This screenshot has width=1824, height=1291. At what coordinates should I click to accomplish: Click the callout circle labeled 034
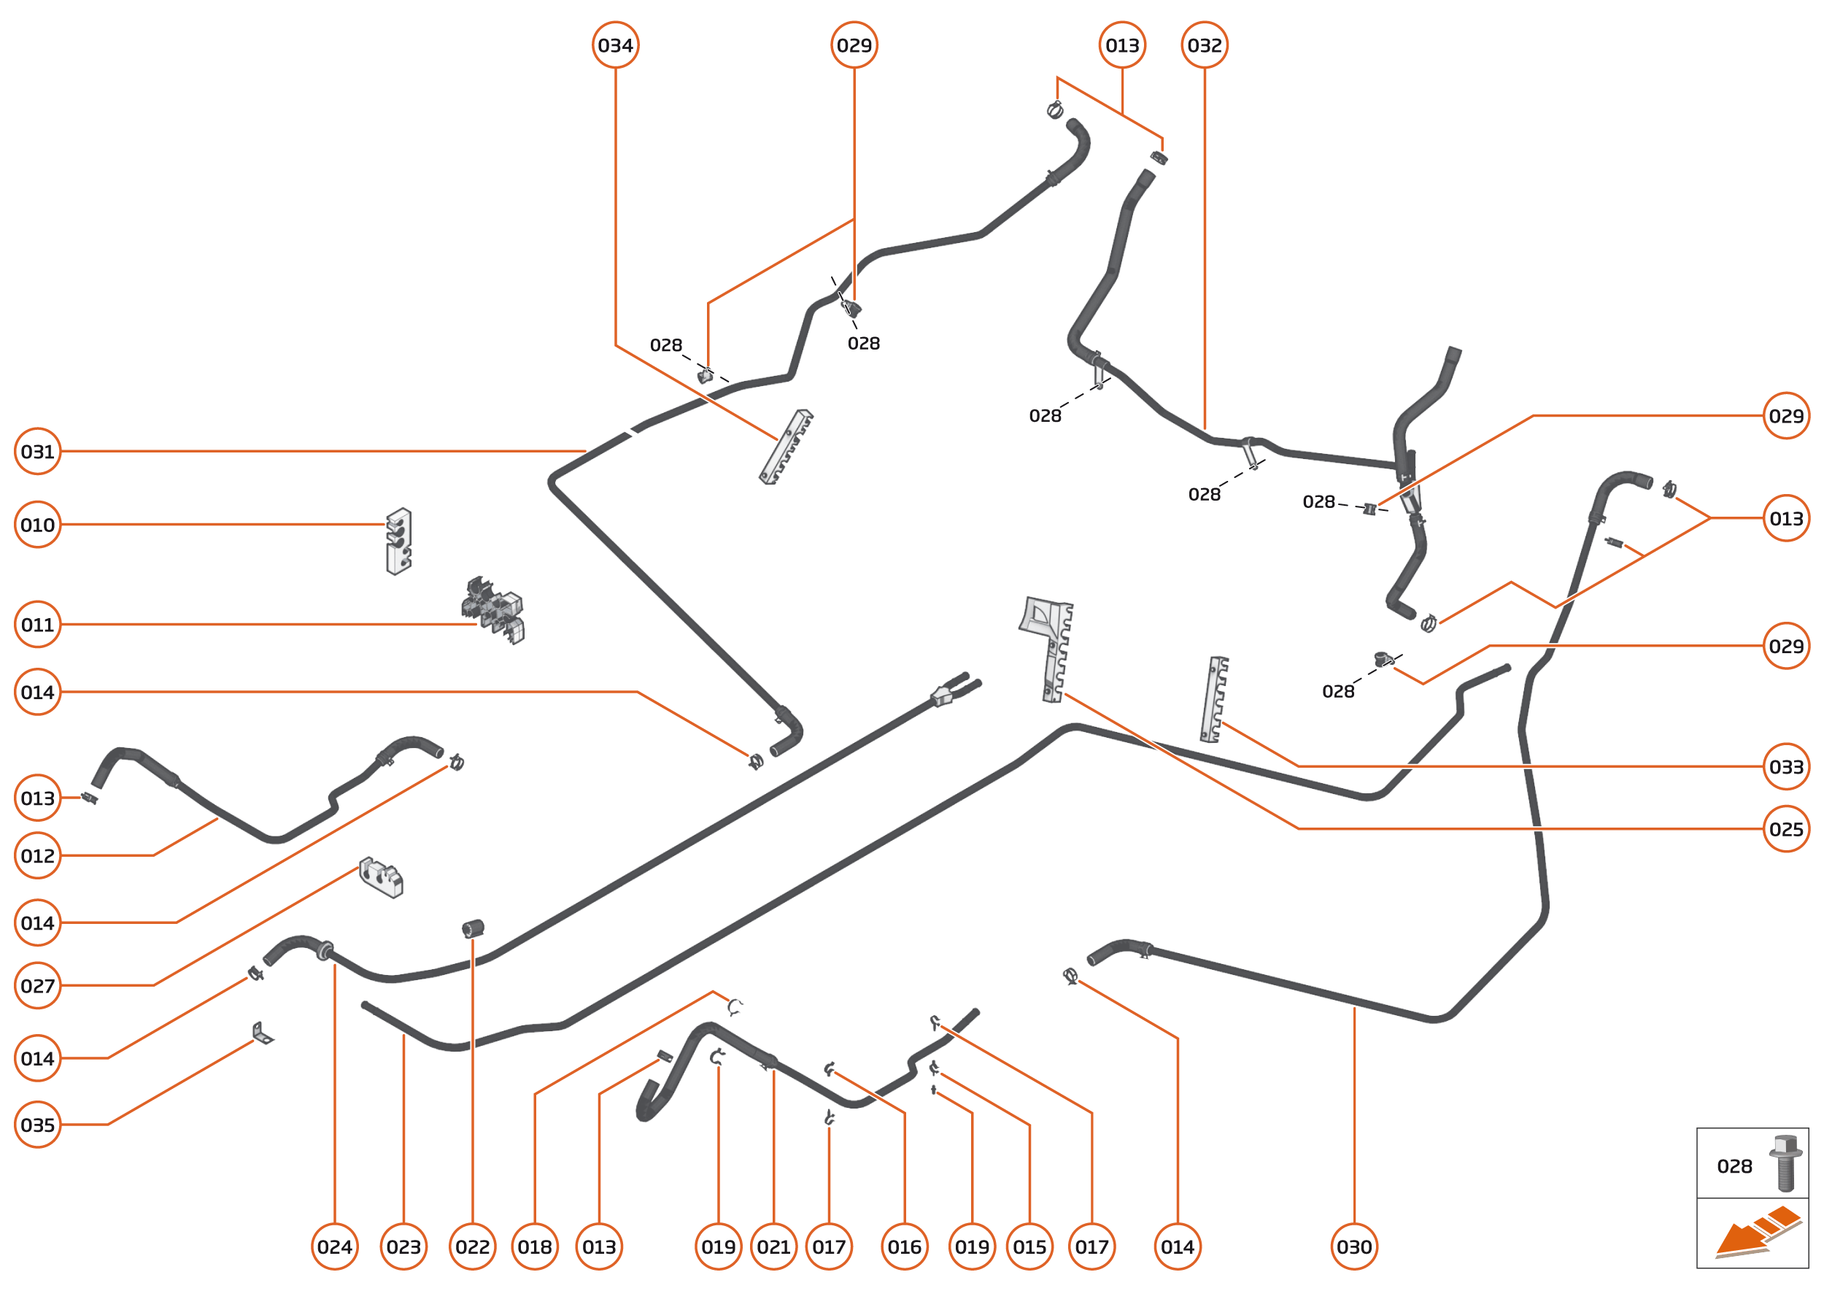(x=615, y=45)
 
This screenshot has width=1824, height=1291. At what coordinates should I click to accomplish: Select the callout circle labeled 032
(x=1204, y=45)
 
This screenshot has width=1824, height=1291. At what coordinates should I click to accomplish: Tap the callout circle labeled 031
(x=37, y=452)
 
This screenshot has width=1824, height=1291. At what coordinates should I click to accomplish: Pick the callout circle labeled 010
(x=37, y=525)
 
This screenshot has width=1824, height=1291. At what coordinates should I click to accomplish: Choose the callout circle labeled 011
(x=37, y=625)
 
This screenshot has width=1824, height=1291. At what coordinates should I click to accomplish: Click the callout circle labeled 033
(x=1786, y=767)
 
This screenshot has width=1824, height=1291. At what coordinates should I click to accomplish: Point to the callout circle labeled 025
(x=1786, y=829)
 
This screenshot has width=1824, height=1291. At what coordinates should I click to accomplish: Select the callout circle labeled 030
(x=1354, y=1247)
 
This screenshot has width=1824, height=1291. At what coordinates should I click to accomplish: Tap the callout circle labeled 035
(x=37, y=1125)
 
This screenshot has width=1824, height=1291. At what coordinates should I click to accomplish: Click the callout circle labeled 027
(x=37, y=986)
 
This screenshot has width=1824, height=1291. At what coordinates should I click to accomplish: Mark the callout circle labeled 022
(x=472, y=1247)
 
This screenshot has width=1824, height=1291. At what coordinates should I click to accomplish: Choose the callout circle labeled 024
(x=335, y=1247)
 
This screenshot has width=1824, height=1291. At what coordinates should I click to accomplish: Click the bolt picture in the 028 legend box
(x=1785, y=1163)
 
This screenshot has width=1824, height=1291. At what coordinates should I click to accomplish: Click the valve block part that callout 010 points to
(x=398, y=542)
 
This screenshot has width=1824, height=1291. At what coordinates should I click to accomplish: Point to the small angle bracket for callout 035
(x=261, y=1033)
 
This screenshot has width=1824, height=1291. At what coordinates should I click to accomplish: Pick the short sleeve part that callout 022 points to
(x=473, y=928)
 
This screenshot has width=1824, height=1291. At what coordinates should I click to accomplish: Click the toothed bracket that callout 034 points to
(x=785, y=447)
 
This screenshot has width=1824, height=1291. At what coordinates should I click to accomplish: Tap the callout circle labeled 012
(x=37, y=856)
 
